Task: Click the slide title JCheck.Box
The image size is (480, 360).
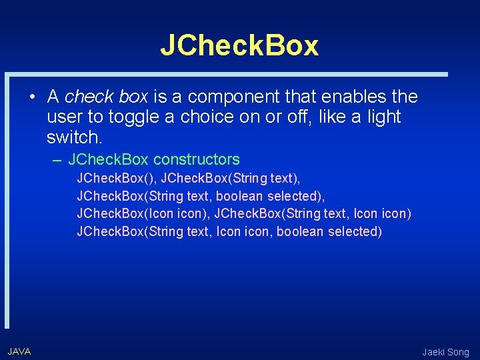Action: [239, 45]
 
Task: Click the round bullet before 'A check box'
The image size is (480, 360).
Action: [31, 97]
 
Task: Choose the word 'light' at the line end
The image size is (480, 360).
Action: [385, 117]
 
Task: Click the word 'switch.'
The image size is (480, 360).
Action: [75, 137]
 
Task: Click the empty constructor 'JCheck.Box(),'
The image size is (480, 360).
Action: [117, 179]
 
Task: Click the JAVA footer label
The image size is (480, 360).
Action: [19, 351]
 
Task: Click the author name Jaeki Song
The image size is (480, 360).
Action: [445, 352]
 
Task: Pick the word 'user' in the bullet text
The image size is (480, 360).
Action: [63, 117]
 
